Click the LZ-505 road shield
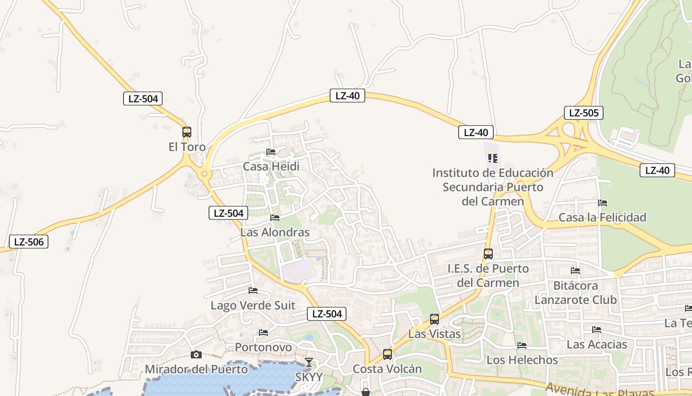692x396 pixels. pyautogui.click(x=584, y=113)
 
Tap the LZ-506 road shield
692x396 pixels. pyautogui.click(x=29, y=242)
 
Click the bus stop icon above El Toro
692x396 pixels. pyautogui.click(x=186, y=132)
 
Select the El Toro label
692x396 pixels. pyautogui.click(x=187, y=147)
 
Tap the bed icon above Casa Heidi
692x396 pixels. pyautogui.click(x=270, y=152)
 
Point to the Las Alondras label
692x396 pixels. pyautogui.click(x=275, y=232)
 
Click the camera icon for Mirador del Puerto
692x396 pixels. pyautogui.click(x=196, y=354)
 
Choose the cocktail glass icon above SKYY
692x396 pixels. pyautogui.click(x=309, y=362)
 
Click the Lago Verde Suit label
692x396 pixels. pyautogui.click(x=253, y=305)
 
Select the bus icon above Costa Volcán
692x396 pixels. pyautogui.click(x=388, y=354)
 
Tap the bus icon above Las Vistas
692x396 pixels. pyautogui.click(x=434, y=319)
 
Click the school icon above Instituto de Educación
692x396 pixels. pyautogui.click(x=492, y=158)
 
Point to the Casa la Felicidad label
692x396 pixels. pyautogui.click(x=603, y=217)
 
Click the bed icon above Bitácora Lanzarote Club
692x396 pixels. pyautogui.click(x=575, y=271)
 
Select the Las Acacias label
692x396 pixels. pyautogui.click(x=597, y=345)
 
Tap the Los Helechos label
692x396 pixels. pyautogui.click(x=522, y=360)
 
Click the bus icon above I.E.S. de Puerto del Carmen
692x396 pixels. pyautogui.click(x=488, y=254)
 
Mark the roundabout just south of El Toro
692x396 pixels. pyautogui.click(x=204, y=174)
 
